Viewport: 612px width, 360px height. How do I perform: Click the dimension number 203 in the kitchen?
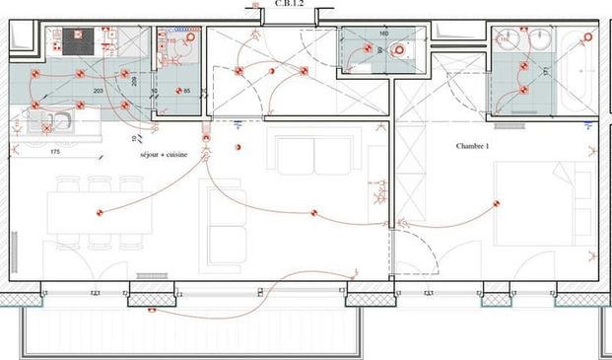pyautogui.click(x=98, y=90)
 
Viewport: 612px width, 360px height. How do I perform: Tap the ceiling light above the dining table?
pyautogui.click(x=100, y=212)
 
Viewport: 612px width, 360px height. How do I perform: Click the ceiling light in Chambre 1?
pyautogui.click(x=496, y=204)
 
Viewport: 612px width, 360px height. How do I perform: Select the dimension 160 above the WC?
pyautogui.click(x=384, y=33)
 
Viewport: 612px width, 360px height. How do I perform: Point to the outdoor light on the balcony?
pyautogui.click(x=153, y=309)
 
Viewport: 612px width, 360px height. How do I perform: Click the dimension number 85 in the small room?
pyautogui.click(x=186, y=91)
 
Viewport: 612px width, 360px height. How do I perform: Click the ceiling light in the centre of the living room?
pyautogui.click(x=313, y=211)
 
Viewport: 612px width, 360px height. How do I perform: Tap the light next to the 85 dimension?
pyautogui.click(x=170, y=91)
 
